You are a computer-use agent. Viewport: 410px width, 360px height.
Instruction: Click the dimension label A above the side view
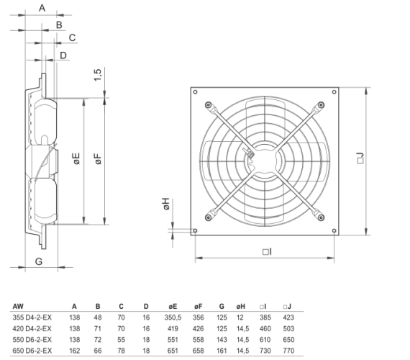[42, 8]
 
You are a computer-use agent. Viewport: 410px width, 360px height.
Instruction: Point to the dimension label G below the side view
[39, 261]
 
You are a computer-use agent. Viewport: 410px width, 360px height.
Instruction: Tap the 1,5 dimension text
[98, 75]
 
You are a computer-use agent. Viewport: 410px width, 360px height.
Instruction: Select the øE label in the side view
[77, 158]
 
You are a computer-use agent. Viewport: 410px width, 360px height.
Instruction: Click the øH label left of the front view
[166, 204]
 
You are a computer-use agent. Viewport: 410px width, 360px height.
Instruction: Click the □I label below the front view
[267, 251]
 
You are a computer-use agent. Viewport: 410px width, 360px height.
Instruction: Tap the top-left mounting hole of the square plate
[195, 92]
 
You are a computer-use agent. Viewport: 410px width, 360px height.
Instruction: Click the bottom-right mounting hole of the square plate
[334, 230]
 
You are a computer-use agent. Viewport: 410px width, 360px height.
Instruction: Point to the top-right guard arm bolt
[321, 105]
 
